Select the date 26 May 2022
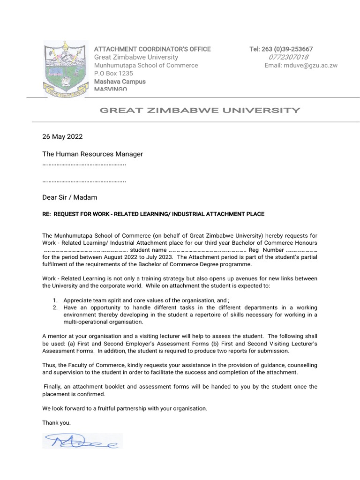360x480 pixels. point(62,137)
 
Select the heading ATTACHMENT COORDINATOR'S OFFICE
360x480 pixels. point(152,49)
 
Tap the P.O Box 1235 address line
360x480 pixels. point(113,74)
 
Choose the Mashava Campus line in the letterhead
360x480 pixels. point(120,82)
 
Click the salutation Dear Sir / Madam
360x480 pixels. point(69,197)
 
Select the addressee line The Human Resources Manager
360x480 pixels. point(92,154)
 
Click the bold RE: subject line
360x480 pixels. point(153,214)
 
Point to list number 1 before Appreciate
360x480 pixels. point(55,300)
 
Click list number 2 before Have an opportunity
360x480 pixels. point(55,307)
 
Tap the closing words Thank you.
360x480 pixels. point(56,423)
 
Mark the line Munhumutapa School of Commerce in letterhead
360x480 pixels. point(146,66)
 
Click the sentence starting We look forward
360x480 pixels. point(124,408)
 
